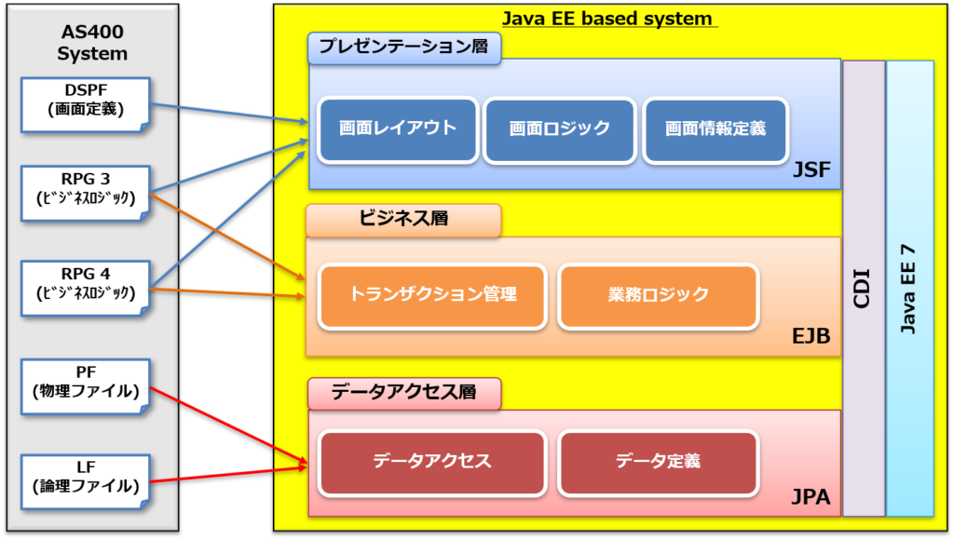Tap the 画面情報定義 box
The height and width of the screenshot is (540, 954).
pyautogui.click(x=715, y=128)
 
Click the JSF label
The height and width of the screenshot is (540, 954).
pyautogui.click(x=811, y=170)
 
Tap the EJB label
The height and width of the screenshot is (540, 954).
pyautogui.click(x=811, y=336)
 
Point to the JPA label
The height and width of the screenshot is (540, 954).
pyautogui.click(x=811, y=497)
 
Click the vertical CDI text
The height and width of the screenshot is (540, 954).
pyautogui.click(x=863, y=288)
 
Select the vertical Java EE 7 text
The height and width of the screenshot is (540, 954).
pyautogui.click(x=908, y=288)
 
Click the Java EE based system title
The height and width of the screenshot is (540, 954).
pyautogui.click(x=606, y=19)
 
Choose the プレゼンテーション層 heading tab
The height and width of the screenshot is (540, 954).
pyautogui.click(x=403, y=47)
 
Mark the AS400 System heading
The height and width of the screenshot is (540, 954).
pyautogui.click(x=91, y=41)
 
